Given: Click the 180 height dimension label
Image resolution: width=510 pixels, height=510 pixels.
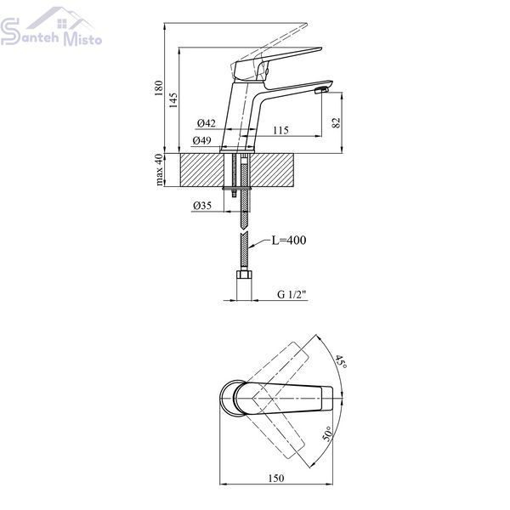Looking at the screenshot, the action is pos(158,88).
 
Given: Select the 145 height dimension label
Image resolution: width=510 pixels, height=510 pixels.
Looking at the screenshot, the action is pos(173,100).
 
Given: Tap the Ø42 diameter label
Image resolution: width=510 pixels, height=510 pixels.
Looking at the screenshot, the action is pos(207,123).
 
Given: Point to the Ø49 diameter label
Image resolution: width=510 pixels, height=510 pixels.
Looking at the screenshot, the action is pos(201,140).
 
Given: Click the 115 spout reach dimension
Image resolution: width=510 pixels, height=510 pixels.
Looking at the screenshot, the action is pos(280,130).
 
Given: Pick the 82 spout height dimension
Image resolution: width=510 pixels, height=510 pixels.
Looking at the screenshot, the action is pos(336,122).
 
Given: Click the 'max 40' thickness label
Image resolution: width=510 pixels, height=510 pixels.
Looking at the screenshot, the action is pos(159,170).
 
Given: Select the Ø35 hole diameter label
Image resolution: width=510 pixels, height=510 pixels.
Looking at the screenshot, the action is pos(202,206).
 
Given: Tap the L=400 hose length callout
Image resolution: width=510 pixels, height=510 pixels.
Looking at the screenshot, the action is pos(289,240).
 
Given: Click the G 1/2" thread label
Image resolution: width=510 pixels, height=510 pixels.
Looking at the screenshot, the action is pos(292,294).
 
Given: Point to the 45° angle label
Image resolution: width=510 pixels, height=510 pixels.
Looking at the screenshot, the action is pos(341,362).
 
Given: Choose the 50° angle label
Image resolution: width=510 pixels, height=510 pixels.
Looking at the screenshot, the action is pos(328,433).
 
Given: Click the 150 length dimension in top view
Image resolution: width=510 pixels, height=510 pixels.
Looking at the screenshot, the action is pos(275,478).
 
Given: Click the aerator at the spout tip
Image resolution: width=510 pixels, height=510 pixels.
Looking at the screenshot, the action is pos(321,91).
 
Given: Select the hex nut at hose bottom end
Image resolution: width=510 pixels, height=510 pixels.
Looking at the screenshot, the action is pos(244,275).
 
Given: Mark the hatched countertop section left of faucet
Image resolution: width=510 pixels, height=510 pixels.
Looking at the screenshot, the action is pos(201,170).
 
